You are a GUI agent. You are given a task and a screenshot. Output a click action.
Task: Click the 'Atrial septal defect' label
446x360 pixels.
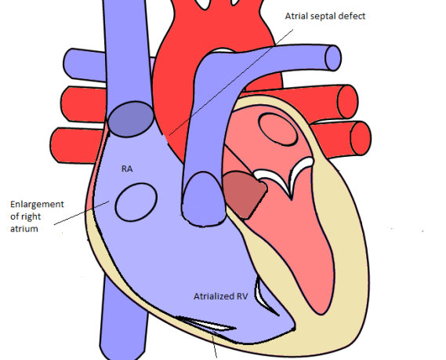click(x=325, y=16)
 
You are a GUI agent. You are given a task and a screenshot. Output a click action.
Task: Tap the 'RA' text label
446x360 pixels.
click(x=127, y=169)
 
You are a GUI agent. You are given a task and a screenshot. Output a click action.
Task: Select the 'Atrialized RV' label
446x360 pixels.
click(x=221, y=296)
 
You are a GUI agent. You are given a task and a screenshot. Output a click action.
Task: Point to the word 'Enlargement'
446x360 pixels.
click(x=38, y=205)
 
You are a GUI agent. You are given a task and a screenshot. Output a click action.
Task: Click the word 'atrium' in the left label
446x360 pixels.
click(x=24, y=229)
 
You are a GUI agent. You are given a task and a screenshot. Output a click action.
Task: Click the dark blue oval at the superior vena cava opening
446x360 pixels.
click(x=131, y=119)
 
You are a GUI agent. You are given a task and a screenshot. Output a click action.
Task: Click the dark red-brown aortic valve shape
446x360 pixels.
click(x=244, y=195)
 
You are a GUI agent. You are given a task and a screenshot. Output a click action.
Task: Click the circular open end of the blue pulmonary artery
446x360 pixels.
click(x=333, y=58)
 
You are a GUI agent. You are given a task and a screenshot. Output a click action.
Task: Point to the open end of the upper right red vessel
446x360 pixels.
click(x=347, y=102)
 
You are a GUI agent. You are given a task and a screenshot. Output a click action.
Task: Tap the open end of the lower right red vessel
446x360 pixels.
click(x=361, y=138)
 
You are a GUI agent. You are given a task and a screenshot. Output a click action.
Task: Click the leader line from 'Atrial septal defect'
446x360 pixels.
click(x=231, y=82)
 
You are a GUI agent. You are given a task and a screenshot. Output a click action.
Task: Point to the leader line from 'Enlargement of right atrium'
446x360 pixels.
click(x=82, y=213)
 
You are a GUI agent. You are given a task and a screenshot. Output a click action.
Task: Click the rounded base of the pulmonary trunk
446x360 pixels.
click(x=204, y=199)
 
